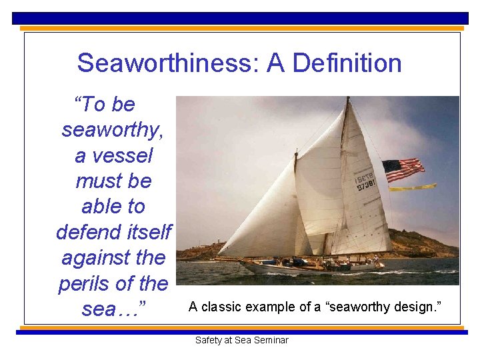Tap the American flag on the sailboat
coord(403,169)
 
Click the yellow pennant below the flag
coord(413,187)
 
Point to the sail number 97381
coord(365,185)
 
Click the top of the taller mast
coord(347,100)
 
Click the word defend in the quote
coord(85,232)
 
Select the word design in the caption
coord(414,307)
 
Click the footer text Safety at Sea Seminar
coord(241,340)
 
